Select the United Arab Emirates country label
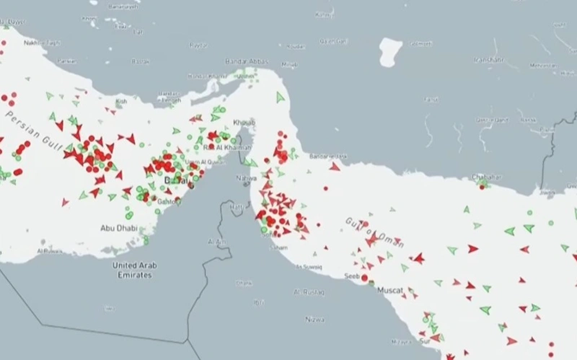[135, 270]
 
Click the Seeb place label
[353, 275]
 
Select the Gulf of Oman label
[374, 232]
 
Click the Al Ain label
[217, 242]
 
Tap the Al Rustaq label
[307, 291]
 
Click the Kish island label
[121, 102]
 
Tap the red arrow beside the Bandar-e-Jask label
[335, 167]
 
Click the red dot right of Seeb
[365, 277]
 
